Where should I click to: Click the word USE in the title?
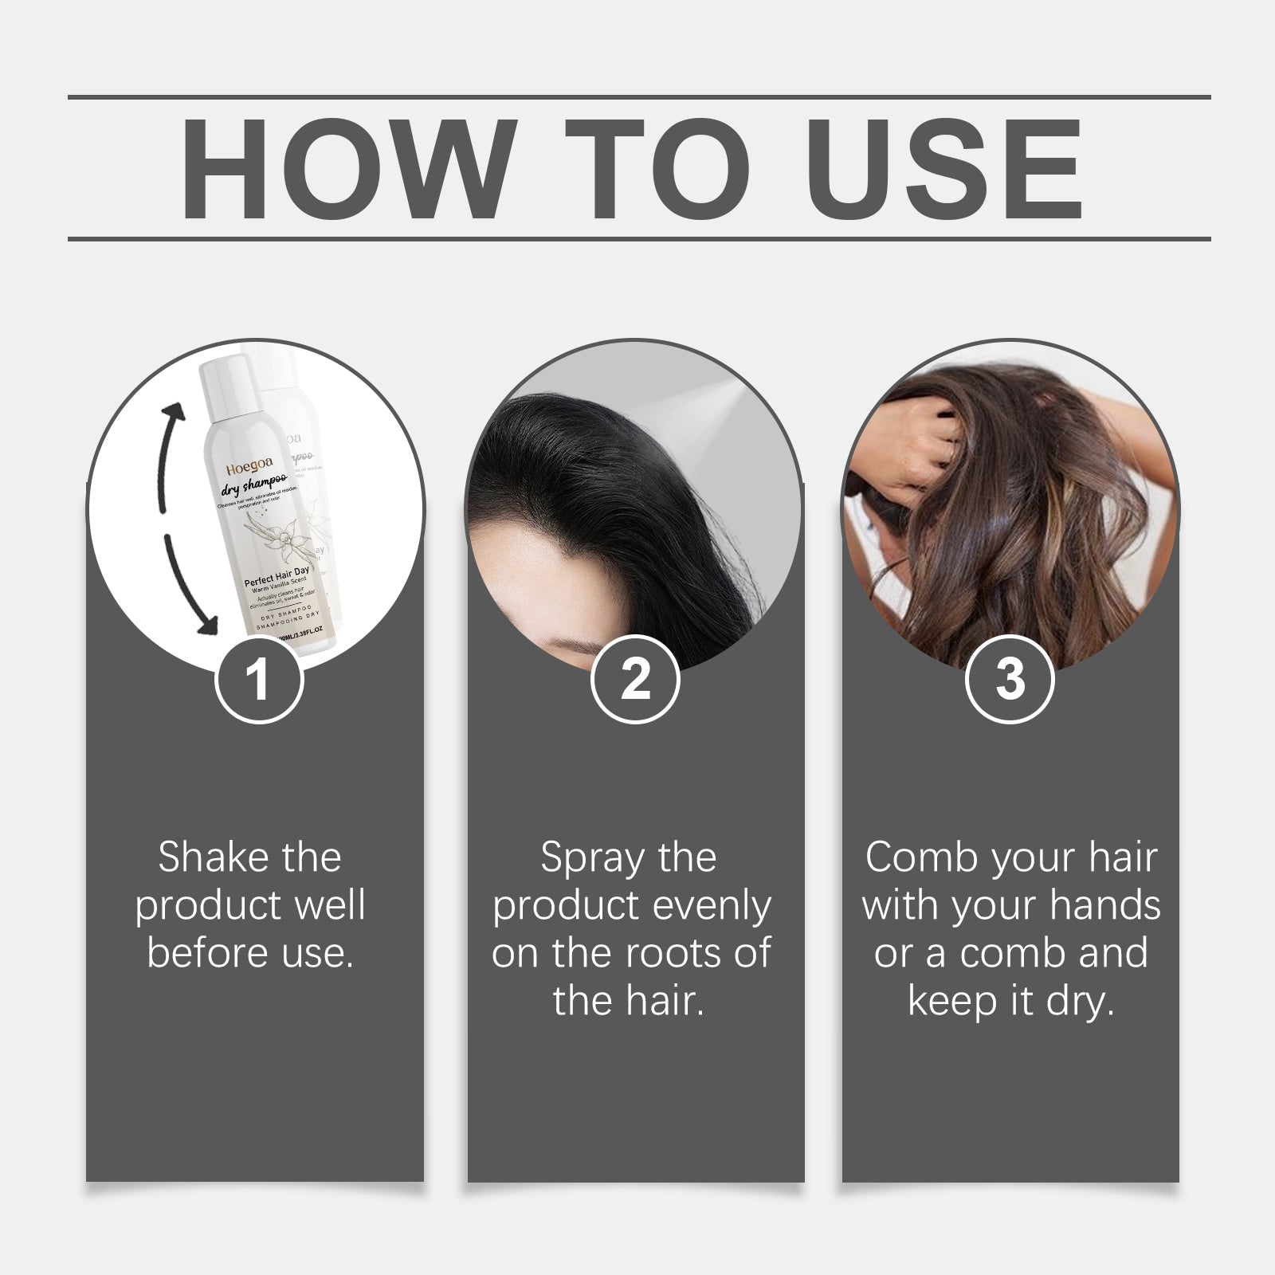click(x=949, y=170)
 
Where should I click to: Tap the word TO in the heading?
click(x=659, y=170)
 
